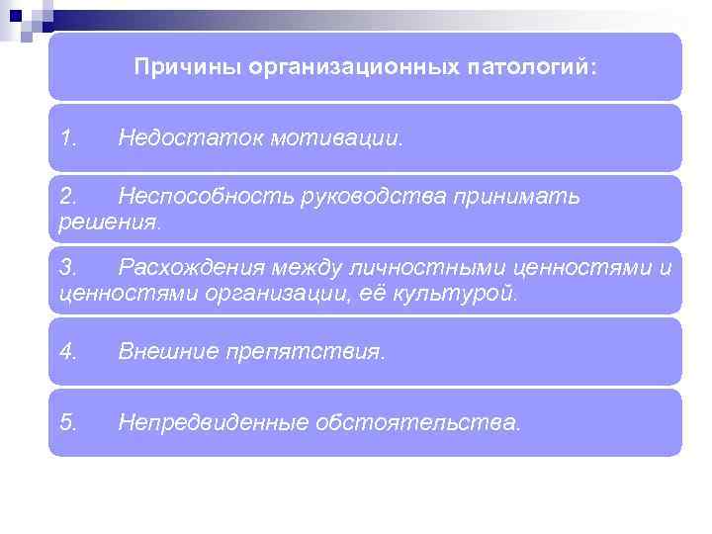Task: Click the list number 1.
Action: point(68,138)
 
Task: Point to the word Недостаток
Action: point(187,138)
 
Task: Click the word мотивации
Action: point(333,138)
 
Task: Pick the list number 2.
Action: point(68,198)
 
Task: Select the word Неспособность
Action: point(201,198)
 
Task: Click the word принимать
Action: point(517,198)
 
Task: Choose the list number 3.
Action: point(68,268)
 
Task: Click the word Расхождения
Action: point(189,268)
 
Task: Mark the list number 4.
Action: point(68,351)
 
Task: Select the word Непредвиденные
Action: point(212,422)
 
